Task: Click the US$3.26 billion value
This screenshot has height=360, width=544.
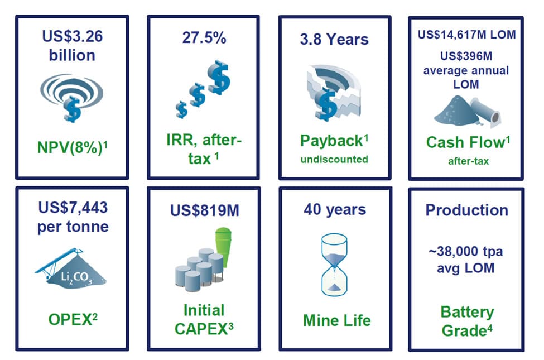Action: pyautogui.click(x=72, y=45)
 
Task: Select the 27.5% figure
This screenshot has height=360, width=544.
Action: pyautogui.click(x=204, y=37)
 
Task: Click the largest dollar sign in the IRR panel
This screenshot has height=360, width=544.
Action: pyautogui.click(x=219, y=77)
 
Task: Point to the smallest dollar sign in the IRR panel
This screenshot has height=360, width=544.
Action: pyautogui.click(x=181, y=109)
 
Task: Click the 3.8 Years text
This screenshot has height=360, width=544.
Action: pyautogui.click(x=334, y=39)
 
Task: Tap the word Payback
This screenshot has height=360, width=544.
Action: pyautogui.click(x=331, y=141)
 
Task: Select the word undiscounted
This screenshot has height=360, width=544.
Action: pyautogui.click(x=334, y=159)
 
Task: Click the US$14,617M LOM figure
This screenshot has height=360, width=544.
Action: pyautogui.click(x=466, y=35)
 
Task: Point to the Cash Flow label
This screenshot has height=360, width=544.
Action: pyautogui.click(x=465, y=142)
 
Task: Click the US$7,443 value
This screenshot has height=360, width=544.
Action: pyautogui.click(x=73, y=208)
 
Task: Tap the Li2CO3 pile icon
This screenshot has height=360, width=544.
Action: pyautogui.click(x=70, y=268)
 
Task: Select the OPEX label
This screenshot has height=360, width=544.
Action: pyautogui.click(x=70, y=319)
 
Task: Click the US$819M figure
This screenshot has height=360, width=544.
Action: pyautogui.click(x=204, y=210)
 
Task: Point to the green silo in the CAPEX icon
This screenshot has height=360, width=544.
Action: pyautogui.click(x=223, y=246)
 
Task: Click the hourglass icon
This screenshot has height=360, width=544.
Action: pyautogui.click(x=334, y=265)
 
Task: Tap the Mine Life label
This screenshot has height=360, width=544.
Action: pyautogui.click(x=337, y=320)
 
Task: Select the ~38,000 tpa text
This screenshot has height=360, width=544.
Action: pyautogui.click(x=465, y=251)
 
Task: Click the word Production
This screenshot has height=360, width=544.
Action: pyautogui.click(x=466, y=210)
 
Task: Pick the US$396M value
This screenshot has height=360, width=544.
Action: pyautogui.click(x=466, y=56)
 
